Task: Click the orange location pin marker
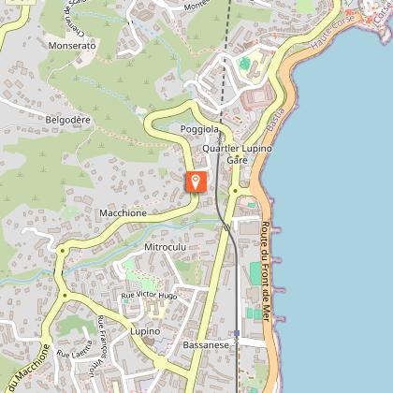point(196,181)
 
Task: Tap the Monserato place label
point(73,45)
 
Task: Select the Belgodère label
point(68,120)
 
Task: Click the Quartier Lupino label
point(237,149)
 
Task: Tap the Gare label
point(237,161)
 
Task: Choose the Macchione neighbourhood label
point(123,213)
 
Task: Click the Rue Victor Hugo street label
point(149,295)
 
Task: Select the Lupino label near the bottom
point(145,331)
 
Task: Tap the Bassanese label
point(206,344)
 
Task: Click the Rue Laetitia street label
point(77,353)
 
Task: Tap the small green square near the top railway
point(244,64)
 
